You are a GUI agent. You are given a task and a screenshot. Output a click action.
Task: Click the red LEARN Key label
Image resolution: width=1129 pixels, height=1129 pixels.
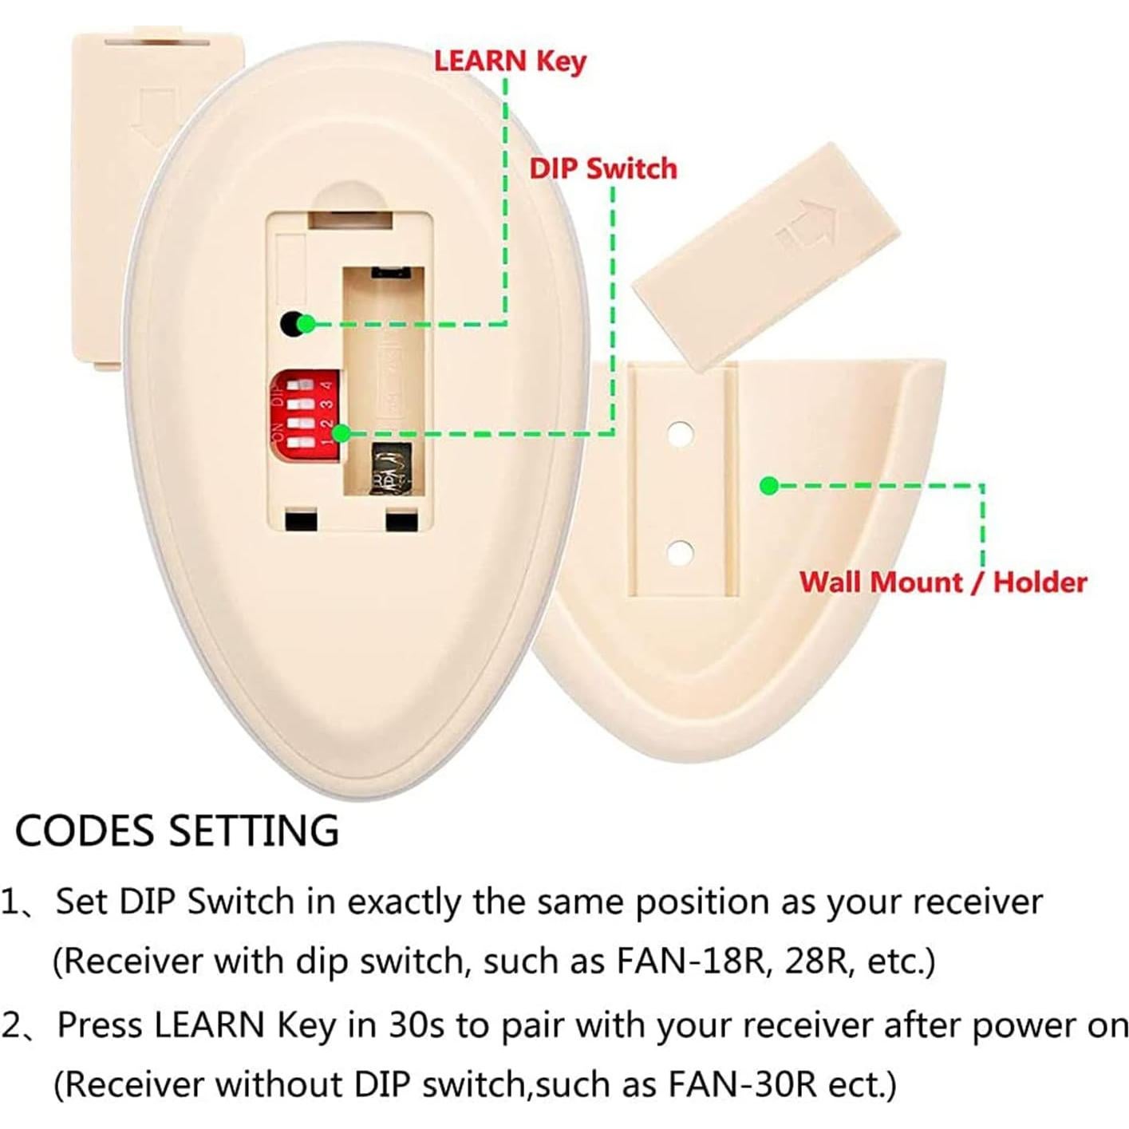(x=509, y=61)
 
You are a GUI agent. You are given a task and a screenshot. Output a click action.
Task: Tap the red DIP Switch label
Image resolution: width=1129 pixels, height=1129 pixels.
(x=602, y=168)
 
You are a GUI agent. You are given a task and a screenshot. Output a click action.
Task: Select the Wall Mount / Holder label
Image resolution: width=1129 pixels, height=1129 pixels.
(x=942, y=582)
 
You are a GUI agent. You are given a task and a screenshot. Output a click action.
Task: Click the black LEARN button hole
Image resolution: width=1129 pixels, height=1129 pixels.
(x=290, y=324)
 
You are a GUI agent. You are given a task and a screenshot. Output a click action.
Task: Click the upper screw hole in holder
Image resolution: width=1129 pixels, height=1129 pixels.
(x=680, y=434)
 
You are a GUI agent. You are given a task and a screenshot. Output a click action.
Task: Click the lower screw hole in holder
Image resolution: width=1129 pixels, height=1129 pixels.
(x=680, y=551)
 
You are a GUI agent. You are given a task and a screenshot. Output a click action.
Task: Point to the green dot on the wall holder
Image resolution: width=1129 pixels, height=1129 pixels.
(x=768, y=485)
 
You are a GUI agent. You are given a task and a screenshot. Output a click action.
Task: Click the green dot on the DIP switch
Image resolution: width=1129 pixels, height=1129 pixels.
(x=341, y=433)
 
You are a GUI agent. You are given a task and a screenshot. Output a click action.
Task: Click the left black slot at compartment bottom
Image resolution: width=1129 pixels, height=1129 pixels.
(x=301, y=521)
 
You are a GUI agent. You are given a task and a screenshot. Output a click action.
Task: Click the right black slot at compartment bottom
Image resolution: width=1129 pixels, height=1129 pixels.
(x=401, y=521)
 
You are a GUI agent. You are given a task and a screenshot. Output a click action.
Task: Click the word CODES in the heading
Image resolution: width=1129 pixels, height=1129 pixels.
(x=84, y=831)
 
